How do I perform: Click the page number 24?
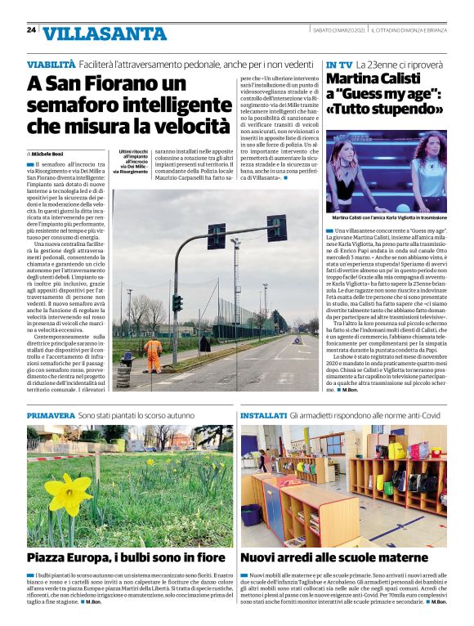pos(31,29)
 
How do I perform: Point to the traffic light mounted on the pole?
pos(177,302)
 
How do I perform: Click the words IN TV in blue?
pos(339,64)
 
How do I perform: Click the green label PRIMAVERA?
pos(51,416)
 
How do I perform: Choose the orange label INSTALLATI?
pos(263,416)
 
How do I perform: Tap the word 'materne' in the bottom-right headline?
pos(396,558)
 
